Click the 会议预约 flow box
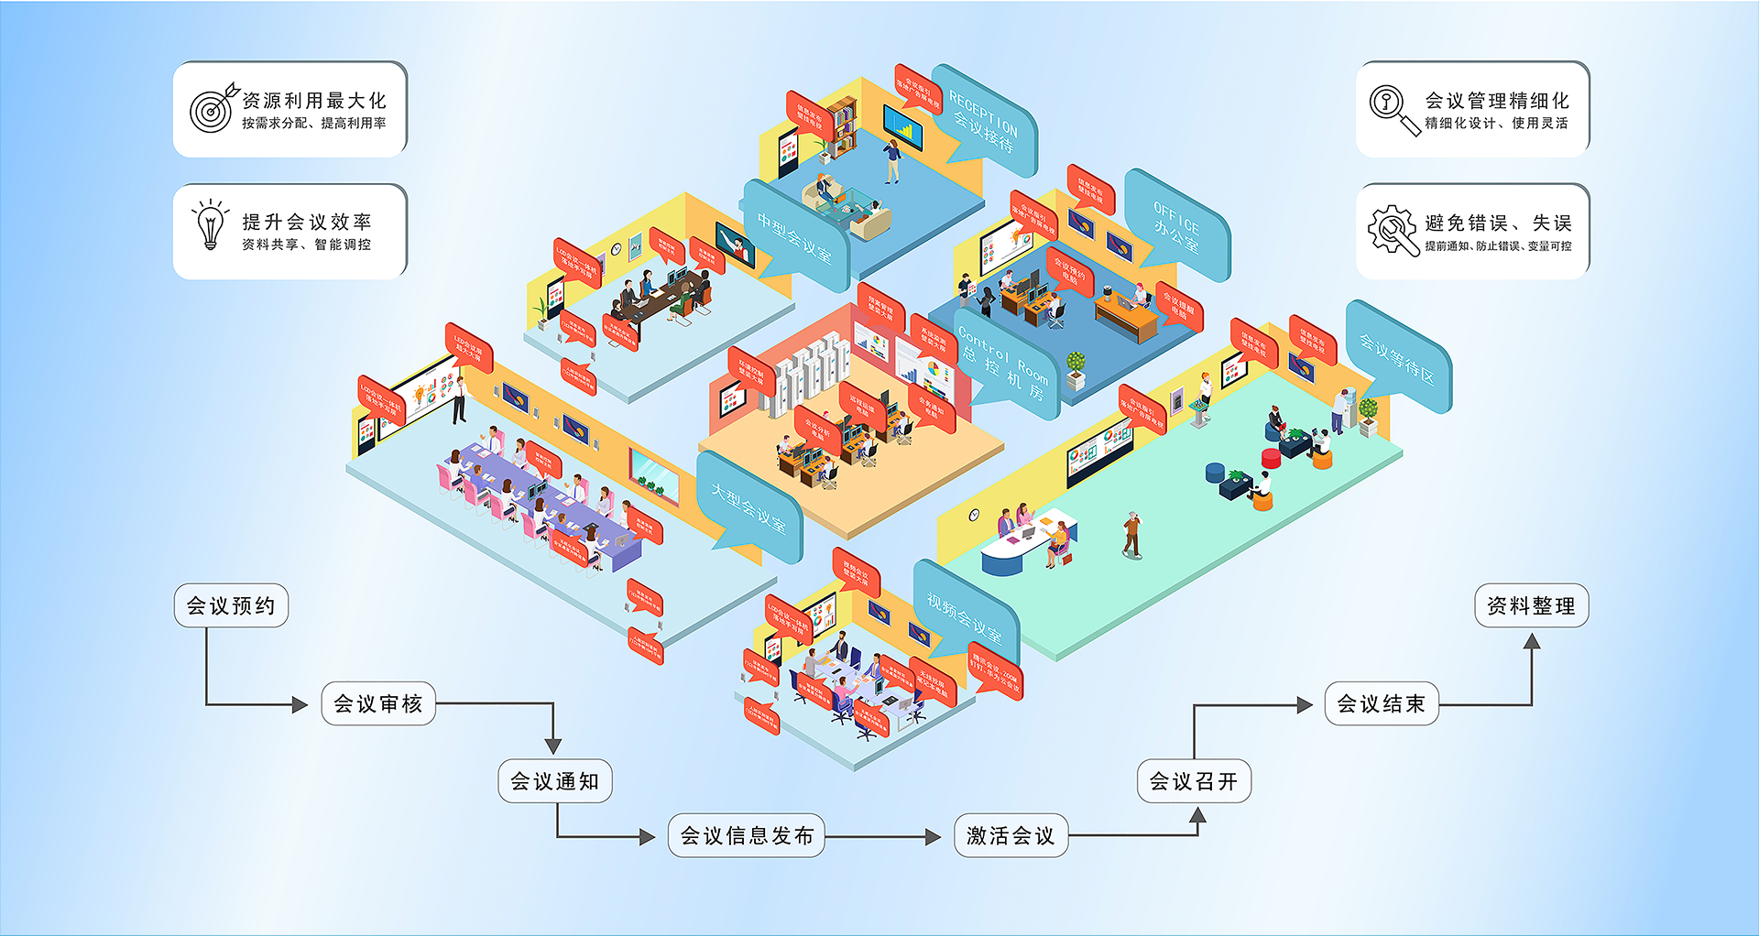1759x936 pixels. pos(231,605)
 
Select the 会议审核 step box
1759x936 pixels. pos(377,703)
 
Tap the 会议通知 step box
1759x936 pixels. pos(554,781)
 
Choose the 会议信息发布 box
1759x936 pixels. pos(746,835)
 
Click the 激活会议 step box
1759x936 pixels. pos(1011,835)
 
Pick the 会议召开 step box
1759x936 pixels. pos(1193,781)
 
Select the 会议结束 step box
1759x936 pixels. pos(1381,703)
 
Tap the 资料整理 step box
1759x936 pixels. pos(1531,605)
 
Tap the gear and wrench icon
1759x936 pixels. pos(1392,229)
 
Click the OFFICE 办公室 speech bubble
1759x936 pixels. pos(1176,225)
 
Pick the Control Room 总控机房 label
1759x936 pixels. pos(1004,365)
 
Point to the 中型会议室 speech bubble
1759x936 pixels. pos(793,234)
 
